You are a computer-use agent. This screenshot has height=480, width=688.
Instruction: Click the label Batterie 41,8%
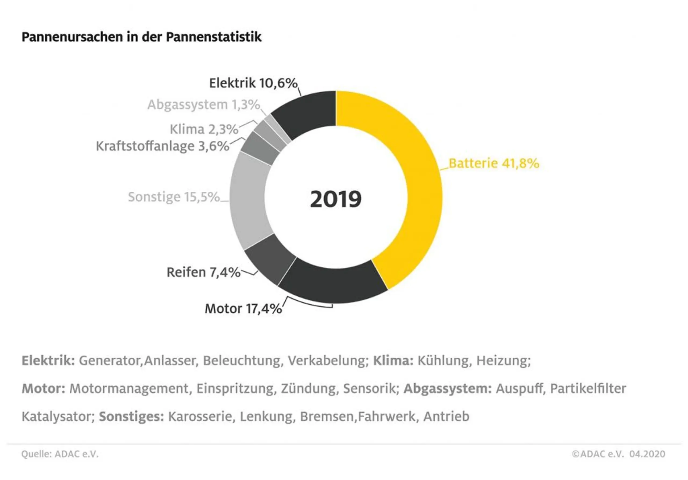point(493,163)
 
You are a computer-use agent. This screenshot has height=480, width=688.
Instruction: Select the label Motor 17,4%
point(243,308)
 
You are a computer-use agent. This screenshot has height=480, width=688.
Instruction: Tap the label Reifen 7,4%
point(203,272)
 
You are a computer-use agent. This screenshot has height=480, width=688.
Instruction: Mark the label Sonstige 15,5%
point(174,197)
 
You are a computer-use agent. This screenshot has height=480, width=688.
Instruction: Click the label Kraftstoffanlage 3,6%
point(162,146)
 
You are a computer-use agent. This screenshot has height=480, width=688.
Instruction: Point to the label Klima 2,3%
point(204,129)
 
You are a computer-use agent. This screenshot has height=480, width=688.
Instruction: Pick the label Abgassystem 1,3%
point(203,105)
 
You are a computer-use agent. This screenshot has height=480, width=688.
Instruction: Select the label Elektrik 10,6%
point(253,83)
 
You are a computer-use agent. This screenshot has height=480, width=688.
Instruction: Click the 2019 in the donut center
point(336,199)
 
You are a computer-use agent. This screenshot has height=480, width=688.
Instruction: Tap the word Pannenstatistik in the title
point(214,37)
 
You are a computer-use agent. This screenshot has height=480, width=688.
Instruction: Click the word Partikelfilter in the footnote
point(588,388)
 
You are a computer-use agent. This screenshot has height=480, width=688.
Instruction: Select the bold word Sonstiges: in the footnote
point(131,416)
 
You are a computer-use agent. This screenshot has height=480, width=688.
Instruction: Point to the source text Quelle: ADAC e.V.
point(60,454)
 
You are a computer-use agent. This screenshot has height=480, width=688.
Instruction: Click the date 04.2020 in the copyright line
point(647,454)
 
